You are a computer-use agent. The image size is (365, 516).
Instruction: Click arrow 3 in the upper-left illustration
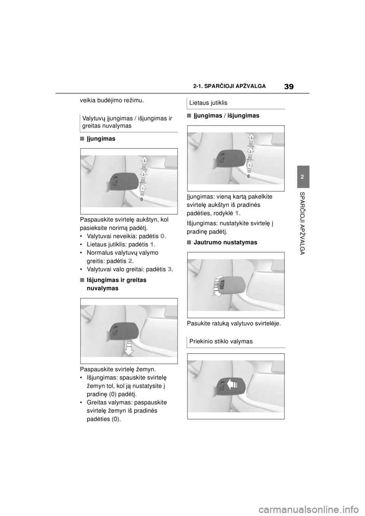pos(144,162)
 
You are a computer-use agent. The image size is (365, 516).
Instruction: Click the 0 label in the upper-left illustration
pos(141,199)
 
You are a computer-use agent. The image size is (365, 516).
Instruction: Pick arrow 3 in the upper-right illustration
pos(251,139)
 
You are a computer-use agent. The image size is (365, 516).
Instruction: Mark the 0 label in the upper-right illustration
pos(249,177)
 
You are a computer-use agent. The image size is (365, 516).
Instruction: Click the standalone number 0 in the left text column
pos(162,236)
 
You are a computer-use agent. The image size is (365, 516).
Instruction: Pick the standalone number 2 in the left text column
pos(130,261)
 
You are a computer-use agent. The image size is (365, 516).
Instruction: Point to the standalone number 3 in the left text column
pos(169,269)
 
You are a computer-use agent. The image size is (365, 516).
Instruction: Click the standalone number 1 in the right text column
pos(236,213)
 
